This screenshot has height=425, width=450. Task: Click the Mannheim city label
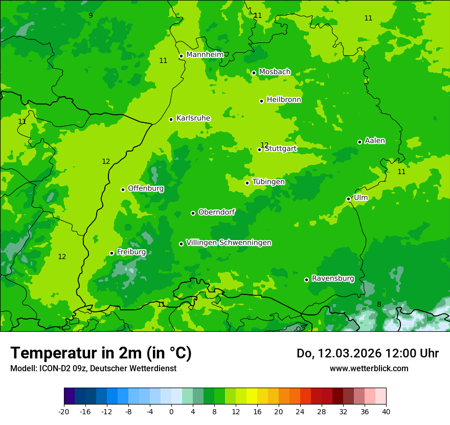[x=205, y=55]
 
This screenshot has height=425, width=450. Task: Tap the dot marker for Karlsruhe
[x=171, y=119]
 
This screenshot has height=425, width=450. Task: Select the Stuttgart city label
[x=281, y=149]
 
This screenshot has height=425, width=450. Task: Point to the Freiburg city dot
[x=111, y=253]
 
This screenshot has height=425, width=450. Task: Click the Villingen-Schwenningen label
[x=229, y=243]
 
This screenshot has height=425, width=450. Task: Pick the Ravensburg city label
[x=333, y=279]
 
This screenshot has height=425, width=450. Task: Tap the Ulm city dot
[x=348, y=199]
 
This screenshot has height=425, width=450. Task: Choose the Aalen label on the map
[x=375, y=141]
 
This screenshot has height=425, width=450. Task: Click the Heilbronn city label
[x=284, y=100]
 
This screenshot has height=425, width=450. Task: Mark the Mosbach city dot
[x=254, y=73]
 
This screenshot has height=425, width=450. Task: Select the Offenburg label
[x=146, y=188]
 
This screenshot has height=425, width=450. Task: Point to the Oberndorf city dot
[x=193, y=213]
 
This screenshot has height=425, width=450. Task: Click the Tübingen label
[x=268, y=182]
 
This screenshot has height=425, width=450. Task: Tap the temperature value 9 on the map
[x=91, y=15]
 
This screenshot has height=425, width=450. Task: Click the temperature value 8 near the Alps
[x=379, y=304]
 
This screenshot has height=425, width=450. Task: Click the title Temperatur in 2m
[x=101, y=353]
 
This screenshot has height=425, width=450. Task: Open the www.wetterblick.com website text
[x=369, y=368]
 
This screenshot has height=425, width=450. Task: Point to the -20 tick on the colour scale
[x=64, y=411]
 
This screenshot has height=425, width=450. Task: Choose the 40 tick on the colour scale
[x=386, y=411]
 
